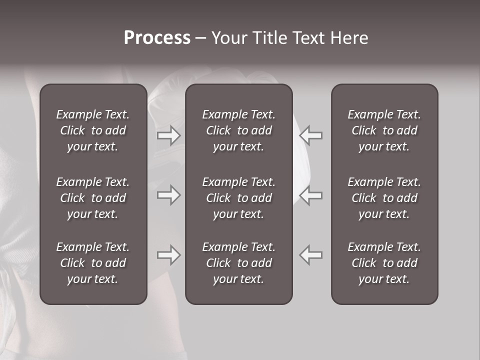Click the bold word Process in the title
[x=157, y=38]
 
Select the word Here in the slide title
[x=349, y=38]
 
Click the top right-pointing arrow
[x=168, y=135]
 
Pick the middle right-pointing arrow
[x=168, y=195]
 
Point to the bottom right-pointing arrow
[x=168, y=255]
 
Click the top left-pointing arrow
[x=310, y=135]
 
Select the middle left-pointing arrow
[x=310, y=195]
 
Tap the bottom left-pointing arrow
[x=310, y=255]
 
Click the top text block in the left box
[x=93, y=130]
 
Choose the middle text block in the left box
[x=93, y=198]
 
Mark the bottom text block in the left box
[x=93, y=263]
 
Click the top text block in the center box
[x=238, y=130]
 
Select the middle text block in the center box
[x=238, y=198]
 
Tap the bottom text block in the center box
[x=238, y=263]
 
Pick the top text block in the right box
[x=384, y=130]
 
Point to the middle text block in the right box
[x=384, y=198]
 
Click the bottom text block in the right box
[x=384, y=263]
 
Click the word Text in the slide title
[x=307, y=38]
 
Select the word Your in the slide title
[x=228, y=38]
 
